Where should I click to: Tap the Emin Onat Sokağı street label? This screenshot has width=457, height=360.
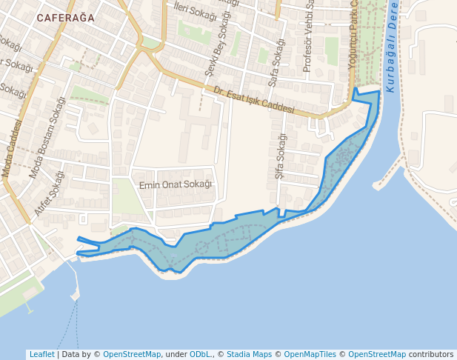click(176, 184)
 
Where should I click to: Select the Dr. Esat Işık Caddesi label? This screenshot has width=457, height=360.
click(253, 101)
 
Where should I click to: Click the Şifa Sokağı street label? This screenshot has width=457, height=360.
click(280, 157)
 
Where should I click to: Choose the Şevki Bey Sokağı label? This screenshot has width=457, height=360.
click(219, 45)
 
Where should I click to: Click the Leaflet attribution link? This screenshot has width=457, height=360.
click(41, 354)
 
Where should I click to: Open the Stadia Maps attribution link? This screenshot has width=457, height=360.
click(249, 354)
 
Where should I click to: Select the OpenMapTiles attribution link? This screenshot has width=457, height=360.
click(310, 354)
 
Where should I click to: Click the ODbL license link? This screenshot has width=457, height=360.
click(199, 354)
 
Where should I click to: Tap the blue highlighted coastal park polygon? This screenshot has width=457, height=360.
click(222, 237)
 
